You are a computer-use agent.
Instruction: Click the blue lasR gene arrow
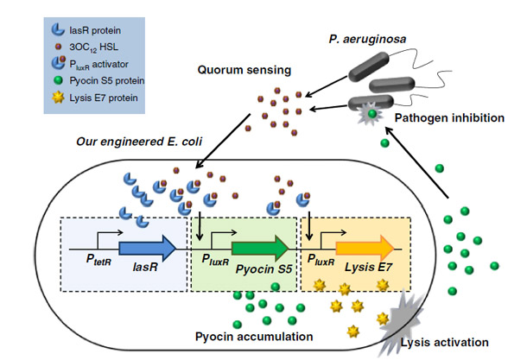tap(147, 249)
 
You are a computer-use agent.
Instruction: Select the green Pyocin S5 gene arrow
tap(260, 249)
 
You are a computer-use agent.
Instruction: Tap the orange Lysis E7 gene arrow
tap(365, 249)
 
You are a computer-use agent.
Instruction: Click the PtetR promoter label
tap(98, 260)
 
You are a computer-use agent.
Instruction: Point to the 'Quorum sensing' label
tap(244, 70)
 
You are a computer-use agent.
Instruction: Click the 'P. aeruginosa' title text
tap(367, 40)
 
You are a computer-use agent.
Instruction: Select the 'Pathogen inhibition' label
tap(449, 118)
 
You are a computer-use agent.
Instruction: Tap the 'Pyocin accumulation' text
tap(254, 337)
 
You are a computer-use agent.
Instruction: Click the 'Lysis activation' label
tap(444, 343)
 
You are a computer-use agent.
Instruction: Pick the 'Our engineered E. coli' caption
tap(139, 142)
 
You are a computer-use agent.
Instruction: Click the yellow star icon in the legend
tap(58, 98)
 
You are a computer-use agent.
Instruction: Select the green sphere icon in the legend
tap(58, 80)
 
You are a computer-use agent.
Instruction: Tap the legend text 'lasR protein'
tap(95, 30)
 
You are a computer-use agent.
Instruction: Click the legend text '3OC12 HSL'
tap(94, 47)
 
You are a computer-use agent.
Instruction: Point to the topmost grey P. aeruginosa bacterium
tap(369, 66)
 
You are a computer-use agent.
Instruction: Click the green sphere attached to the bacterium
tap(372, 113)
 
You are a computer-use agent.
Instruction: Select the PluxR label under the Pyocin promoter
tap(215, 260)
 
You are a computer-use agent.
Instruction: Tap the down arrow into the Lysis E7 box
tap(309, 226)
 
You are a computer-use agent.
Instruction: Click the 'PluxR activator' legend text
tap(98, 65)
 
